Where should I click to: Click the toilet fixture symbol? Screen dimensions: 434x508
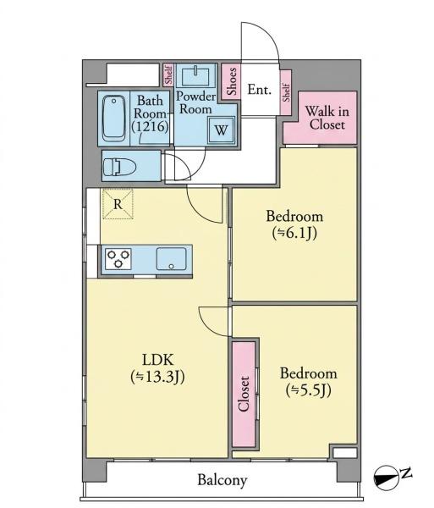(x=118, y=167)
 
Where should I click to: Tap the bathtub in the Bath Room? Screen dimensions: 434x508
(x=113, y=119)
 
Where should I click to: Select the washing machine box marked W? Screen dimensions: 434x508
(x=222, y=130)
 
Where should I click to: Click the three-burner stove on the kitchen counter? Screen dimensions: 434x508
(x=118, y=259)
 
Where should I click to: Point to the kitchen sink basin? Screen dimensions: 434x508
(x=171, y=258)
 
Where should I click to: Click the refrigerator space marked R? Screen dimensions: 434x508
(x=118, y=204)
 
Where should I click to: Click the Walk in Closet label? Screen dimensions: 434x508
(x=327, y=118)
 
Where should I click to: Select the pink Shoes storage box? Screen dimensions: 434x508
(x=231, y=81)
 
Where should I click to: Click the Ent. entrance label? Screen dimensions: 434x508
(x=259, y=90)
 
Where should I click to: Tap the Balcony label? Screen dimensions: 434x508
(x=222, y=480)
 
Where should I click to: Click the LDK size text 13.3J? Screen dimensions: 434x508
(x=157, y=377)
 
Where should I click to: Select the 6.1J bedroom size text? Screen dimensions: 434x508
(x=294, y=233)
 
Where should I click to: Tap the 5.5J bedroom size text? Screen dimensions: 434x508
(x=308, y=390)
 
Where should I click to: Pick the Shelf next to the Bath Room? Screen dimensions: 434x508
(x=168, y=75)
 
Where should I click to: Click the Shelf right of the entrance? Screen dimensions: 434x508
(x=286, y=92)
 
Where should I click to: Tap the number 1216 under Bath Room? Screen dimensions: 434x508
(x=151, y=127)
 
